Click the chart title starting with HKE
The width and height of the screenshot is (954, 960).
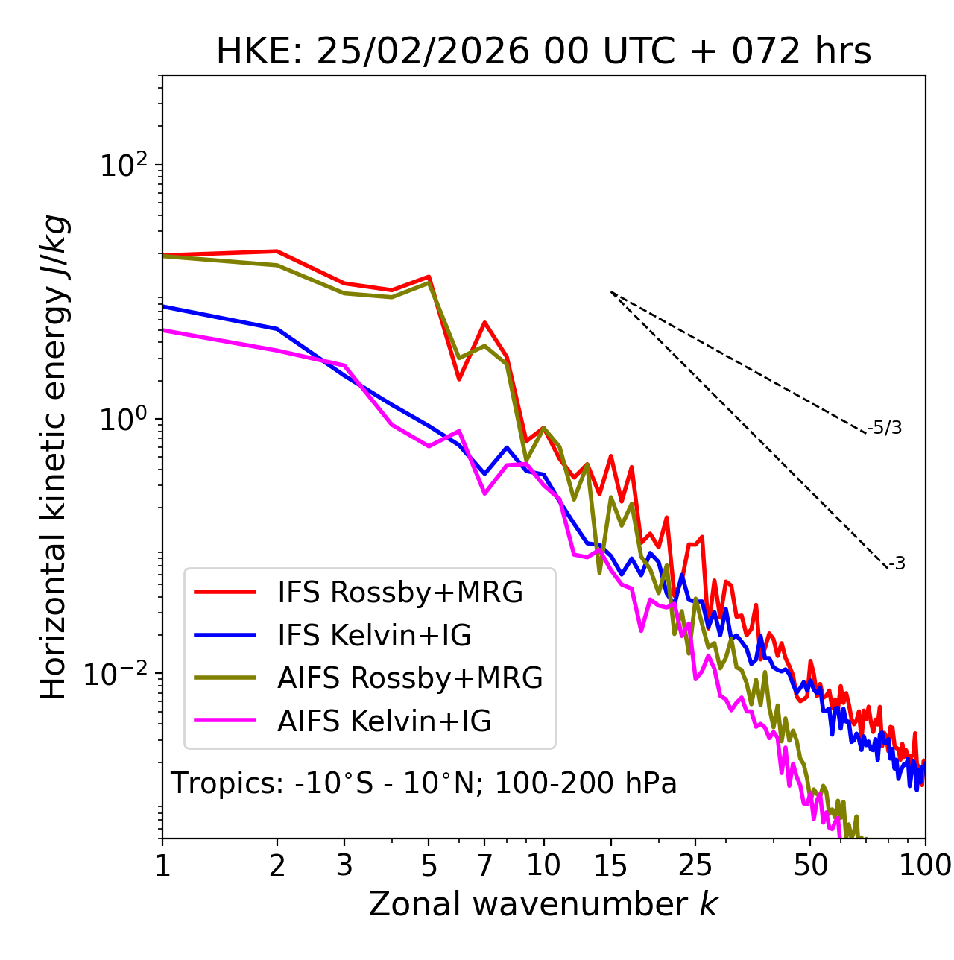tap(543, 52)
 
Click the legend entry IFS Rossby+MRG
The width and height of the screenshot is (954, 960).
tap(399, 593)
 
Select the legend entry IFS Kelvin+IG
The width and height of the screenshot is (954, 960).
tap(374, 636)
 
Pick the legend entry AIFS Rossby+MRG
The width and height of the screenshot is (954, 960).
tap(409, 678)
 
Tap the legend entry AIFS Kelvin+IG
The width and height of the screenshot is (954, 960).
tap(384, 721)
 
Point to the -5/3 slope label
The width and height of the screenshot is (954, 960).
tap(885, 428)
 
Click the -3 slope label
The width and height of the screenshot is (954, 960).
tap(897, 563)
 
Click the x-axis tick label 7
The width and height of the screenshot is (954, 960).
tap(484, 865)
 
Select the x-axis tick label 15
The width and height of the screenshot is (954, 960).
tap(610, 865)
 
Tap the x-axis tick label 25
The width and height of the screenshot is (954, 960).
tap(695, 865)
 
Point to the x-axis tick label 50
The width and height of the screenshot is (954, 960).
tap(810, 865)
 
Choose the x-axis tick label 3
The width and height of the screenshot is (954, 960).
tap(344, 865)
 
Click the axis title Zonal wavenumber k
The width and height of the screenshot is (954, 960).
tap(543, 905)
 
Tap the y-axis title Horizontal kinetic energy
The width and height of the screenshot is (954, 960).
tap(54, 458)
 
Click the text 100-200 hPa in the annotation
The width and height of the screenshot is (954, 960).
tap(586, 783)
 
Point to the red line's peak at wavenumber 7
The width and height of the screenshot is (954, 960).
tap(484, 323)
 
